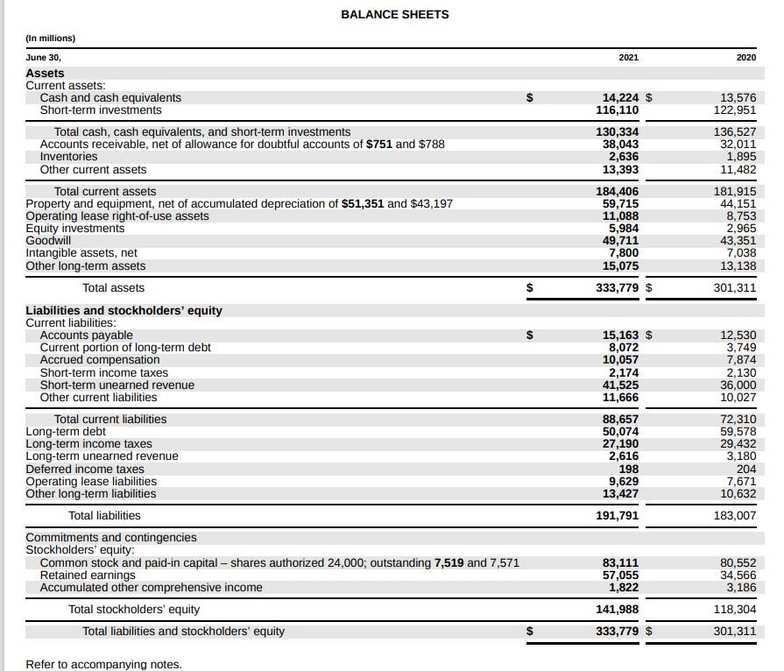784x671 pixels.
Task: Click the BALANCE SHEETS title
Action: click(394, 14)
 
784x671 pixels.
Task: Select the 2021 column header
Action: click(628, 57)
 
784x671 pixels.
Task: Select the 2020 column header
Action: click(745, 57)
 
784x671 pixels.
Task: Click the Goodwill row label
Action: click(48, 241)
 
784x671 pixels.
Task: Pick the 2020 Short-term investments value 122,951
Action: click(734, 110)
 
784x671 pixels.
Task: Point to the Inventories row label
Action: click(68, 157)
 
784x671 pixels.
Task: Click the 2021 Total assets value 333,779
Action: click(617, 287)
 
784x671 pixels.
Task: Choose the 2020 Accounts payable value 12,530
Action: click(738, 335)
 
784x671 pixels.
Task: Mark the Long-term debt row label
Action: click(66, 431)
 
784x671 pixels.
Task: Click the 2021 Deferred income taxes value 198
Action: click(628, 469)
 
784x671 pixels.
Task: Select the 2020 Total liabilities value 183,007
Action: click(734, 516)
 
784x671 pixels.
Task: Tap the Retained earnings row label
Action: click(88, 575)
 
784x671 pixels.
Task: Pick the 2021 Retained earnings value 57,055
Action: click(621, 575)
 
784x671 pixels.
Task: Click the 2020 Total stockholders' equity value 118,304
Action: click(734, 609)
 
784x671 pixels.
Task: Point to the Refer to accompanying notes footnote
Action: click(103, 664)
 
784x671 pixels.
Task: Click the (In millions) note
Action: click(51, 39)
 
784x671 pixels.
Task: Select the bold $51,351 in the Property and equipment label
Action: click(362, 203)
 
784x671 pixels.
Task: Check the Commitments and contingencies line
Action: click(111, 537)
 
